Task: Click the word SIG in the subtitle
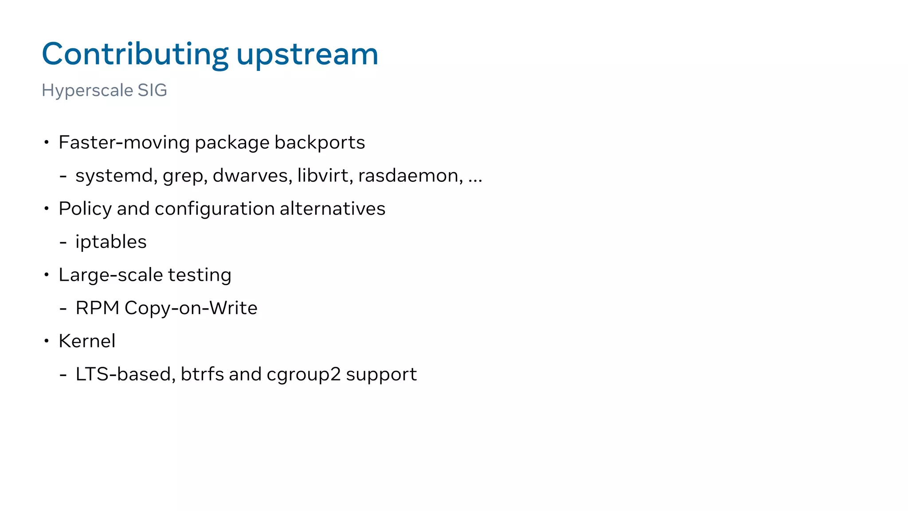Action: (x=152, y=90)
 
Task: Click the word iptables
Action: (x=111, y=242)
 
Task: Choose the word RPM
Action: (x=98, y=308)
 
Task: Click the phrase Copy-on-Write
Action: (x=191, y=308)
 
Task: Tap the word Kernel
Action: (x=87, y=341)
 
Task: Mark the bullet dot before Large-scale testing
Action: (x=46, y=275)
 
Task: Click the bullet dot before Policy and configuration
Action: (x=46, y=208)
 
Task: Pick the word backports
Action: (x=320, y=143)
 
